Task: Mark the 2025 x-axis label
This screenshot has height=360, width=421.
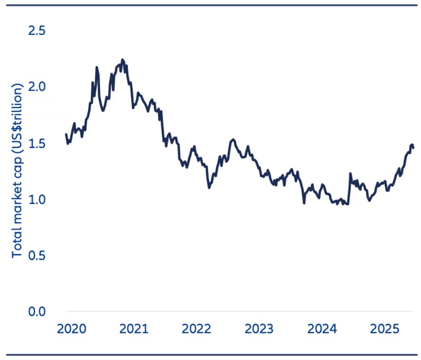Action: tap(384, 329)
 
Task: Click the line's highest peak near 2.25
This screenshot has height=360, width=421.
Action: tap(122, 60)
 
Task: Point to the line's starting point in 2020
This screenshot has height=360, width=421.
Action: tap(66, 135)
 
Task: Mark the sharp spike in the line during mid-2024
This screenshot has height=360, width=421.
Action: tap(350, 174)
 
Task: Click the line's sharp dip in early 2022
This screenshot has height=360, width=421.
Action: tap(209, 188)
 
